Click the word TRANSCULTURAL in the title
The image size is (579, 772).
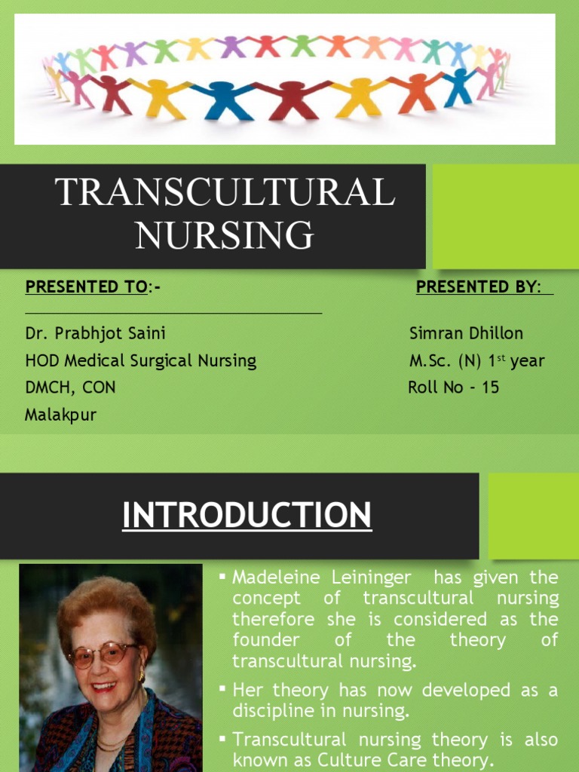click(225, 193)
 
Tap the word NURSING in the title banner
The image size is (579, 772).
click(225, 234)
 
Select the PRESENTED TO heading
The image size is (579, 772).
click(85, 286)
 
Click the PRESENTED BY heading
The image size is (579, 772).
click(479, 286)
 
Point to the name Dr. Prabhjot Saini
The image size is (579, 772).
click(95, 332)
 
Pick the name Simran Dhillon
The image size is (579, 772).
click(466, 332)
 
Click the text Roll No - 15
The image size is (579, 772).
click(453, 388)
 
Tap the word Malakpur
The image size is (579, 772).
click(60, 415)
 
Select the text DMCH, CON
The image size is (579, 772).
click(70, 388)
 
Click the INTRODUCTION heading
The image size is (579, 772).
click(247, 516)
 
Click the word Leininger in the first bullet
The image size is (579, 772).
click(369, 577)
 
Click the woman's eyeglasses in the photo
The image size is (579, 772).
click(103, 654)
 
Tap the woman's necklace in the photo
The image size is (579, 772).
click(113, 743)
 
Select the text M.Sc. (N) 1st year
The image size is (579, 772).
click(476, 360)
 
